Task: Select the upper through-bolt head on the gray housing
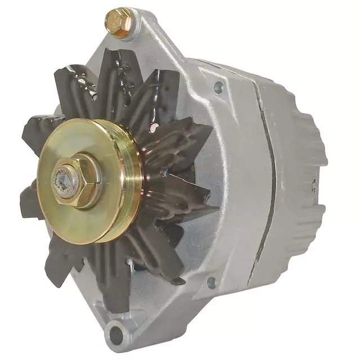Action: [x=218, y=88]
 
